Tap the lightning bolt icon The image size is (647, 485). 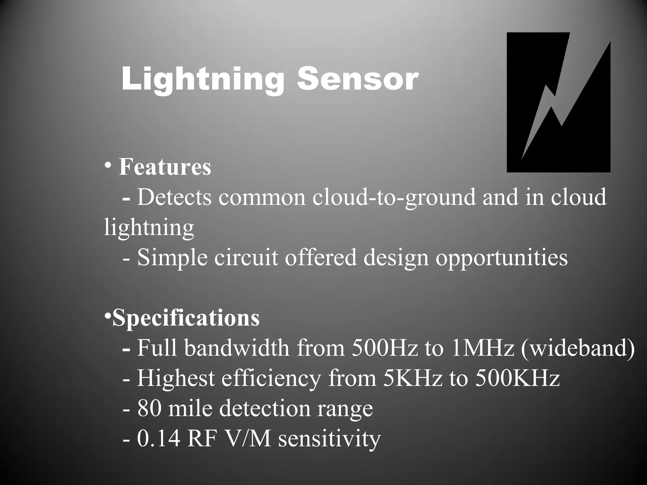pyautogui.click(x=558, y=102)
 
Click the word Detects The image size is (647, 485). pyautogui.click(x=174, y=197)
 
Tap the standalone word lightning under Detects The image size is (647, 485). pyautogui.click(x=149, y=228)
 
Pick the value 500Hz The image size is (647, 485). pyautogui.click(x=384, y=348)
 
